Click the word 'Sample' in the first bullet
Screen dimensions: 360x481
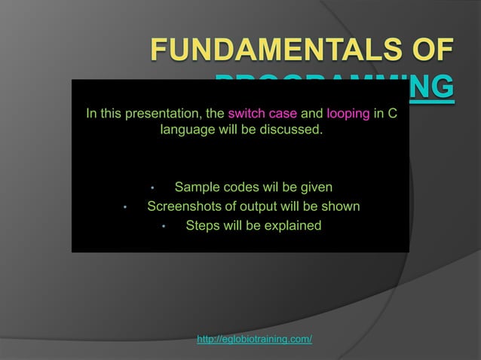pyautogui.click(x=195, y=187)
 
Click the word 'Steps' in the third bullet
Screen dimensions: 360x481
pyautogui.click(x=202, y=225)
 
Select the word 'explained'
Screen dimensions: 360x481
pyautogui.click(x=294, y=225)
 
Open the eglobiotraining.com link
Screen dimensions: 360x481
pyautogui.click(x=254, y=340)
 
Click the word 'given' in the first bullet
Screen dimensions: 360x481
pyautogui.click(x=315, y=187)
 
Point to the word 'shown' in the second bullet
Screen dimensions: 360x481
pyautogui.click(x=342, y=206)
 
